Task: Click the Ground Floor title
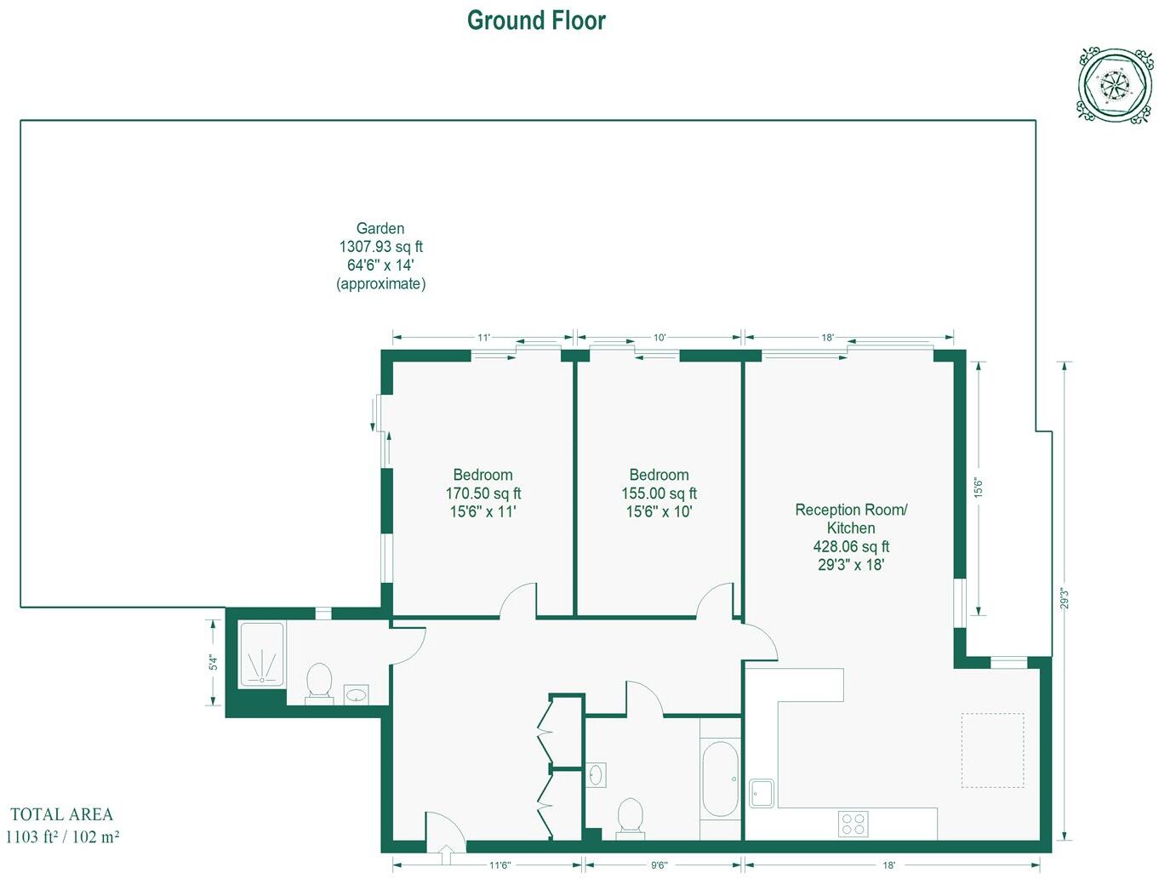click(536, 20)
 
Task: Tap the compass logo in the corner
click(1115, 85)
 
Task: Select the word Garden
click(380, 228)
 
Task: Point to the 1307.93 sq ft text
click(380, 247)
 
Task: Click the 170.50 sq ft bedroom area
click(482, 494)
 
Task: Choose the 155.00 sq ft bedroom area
click(659, 494)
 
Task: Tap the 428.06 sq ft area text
click(851, 546)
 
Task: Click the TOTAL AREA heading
click(61, 814)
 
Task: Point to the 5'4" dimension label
click(214, 662)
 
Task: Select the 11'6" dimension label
click(500, 865)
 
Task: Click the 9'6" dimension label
click(659, 865)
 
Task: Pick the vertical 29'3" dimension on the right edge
click(1064, 598)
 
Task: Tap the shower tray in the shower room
click(262, 654)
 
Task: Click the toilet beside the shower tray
click(319, 682)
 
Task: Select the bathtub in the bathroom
click(720, 779)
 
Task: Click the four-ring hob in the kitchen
click(853, 824)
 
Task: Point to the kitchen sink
click(762, 793)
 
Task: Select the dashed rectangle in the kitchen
click(992, 751)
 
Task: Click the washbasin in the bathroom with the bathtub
click(596, 775)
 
